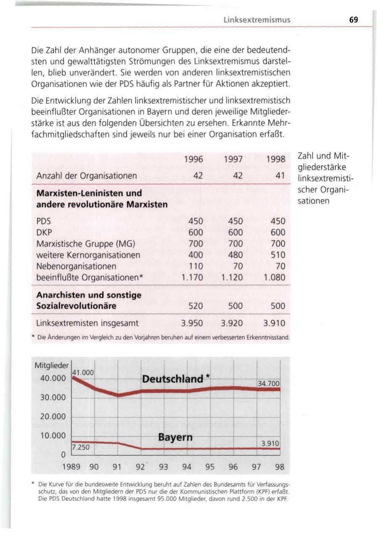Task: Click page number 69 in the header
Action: tap(353, 20)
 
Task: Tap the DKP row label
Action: tap(44, 232)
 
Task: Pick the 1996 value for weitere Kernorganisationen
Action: tap(196, 255)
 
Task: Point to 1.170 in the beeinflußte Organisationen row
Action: tap(192, 278)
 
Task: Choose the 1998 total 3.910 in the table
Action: tap(274, 324)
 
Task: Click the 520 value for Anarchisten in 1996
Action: tap(196, 306)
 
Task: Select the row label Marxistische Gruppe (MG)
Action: tap(79, 244)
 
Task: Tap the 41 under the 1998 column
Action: tap(281, 175)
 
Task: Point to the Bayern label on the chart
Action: tap(175, 438)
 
